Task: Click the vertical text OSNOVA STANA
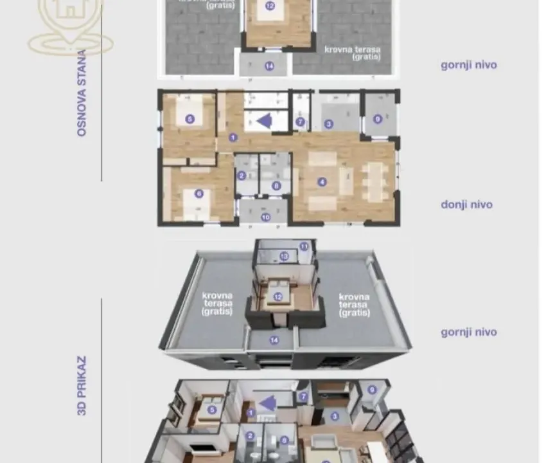pos(82,93)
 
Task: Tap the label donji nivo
pos(466,204)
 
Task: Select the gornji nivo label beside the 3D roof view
pos(468,332)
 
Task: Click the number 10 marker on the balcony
pos(265,217)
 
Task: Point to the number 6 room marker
pos(199,193)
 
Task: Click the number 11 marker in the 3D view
pos(304,246)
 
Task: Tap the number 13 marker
pos(284,256)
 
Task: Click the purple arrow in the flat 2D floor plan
pos(263,120)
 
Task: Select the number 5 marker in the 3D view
pos(211,409)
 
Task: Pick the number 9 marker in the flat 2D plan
pos(378,119)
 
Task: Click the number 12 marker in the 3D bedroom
pos(278,296)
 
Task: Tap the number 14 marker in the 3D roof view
pos(274,340)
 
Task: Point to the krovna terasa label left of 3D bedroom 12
pos(216,304)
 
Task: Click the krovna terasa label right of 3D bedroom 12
pos(355,304)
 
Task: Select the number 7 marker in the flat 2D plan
pos(300,122)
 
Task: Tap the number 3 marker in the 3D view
pos(335,416)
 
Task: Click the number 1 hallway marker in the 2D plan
pos(233,137)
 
